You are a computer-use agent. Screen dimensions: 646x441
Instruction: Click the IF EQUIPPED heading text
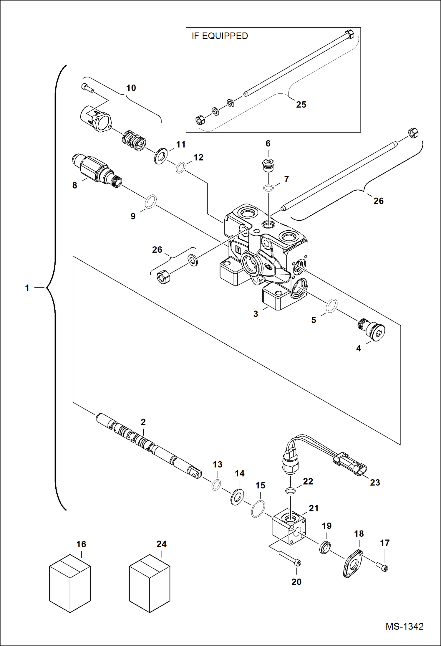coord(220,36)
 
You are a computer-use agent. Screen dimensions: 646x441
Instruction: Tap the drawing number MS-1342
coord(404,626)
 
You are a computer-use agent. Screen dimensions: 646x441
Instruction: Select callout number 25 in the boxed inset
coord(301,105)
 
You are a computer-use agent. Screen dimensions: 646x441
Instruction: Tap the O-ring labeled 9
coord(150,201)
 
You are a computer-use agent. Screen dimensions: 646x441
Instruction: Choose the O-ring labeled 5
coord(331,305)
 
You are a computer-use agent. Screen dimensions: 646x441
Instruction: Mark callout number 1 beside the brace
coord(27,288)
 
